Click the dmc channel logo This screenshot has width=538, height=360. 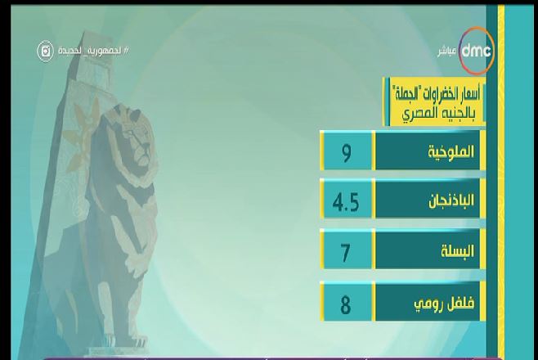coord(476,51)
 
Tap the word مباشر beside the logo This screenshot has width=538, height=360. coord(447,52)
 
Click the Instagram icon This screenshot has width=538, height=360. coord(45,51)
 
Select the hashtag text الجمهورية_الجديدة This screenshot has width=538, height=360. coord(93,51)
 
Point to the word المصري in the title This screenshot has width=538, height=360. coord(419,114)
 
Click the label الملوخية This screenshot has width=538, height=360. coord(451,151)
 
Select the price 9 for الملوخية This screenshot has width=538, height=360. coord(347,152)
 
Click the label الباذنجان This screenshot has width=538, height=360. coord(451,200)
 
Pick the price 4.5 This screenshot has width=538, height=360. coord(346,202)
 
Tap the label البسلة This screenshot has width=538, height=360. coord(457,251)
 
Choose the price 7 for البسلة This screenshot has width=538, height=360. coord(345,252)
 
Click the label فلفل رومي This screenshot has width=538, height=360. coord(444,303)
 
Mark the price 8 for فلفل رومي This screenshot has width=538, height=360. coord(346,304)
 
